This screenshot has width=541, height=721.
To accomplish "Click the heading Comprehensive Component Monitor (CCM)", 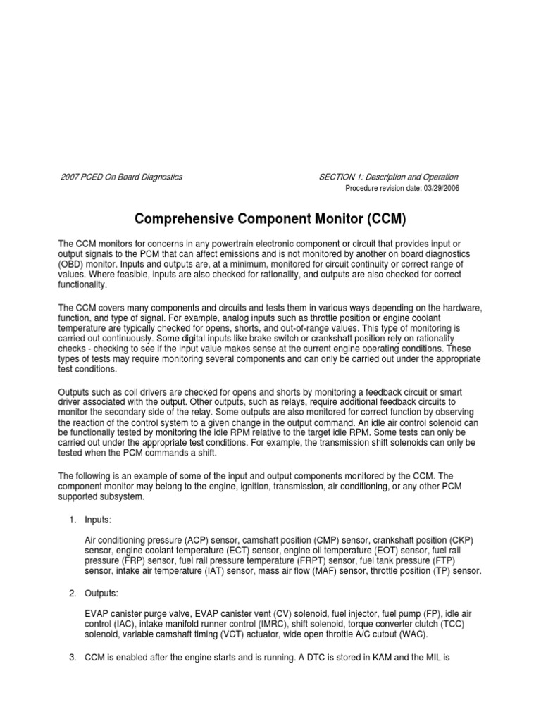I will tap(270, 219).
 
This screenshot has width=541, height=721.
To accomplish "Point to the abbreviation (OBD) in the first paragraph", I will tap(73, 263).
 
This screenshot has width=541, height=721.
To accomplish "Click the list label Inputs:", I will tap(98, 519).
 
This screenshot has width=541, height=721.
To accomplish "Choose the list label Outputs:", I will tap(101, 594).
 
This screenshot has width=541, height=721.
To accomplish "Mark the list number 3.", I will tap(73, 658).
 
